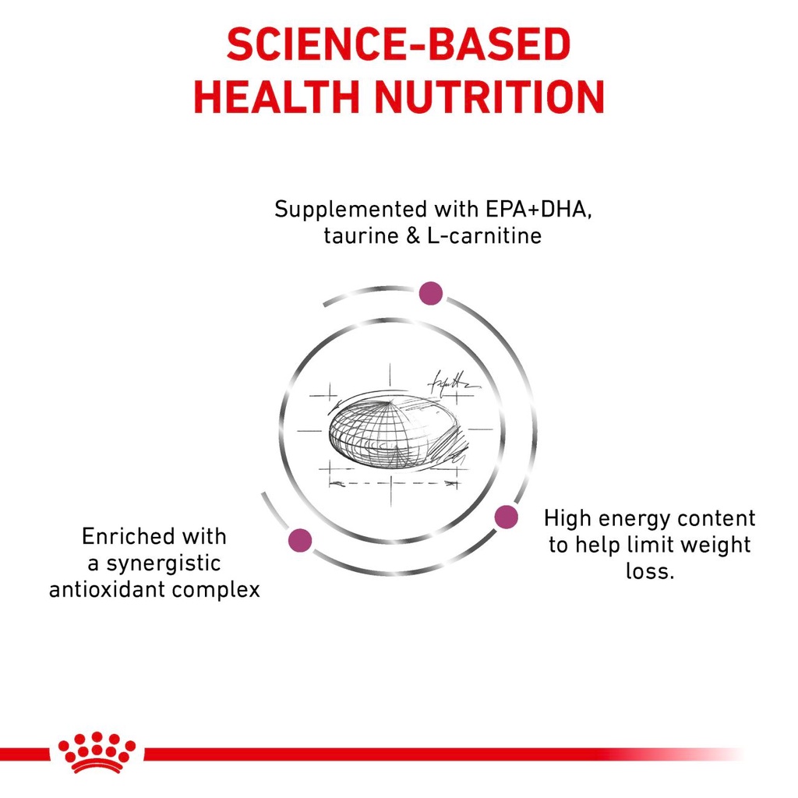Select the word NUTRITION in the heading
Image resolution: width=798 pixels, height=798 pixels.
[489, 97]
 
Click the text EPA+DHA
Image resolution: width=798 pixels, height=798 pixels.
[525, 210]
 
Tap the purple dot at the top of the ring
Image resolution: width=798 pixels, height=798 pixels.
[430, 293]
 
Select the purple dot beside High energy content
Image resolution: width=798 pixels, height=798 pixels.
[507, 516]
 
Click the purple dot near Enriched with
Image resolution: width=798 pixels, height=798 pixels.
[300, 539]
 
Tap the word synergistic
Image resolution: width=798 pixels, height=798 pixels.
[162, 563]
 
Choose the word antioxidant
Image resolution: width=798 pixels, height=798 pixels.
[102, 589]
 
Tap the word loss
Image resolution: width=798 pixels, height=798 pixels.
[648, 570]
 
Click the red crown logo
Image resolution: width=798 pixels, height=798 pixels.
[97, 753]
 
